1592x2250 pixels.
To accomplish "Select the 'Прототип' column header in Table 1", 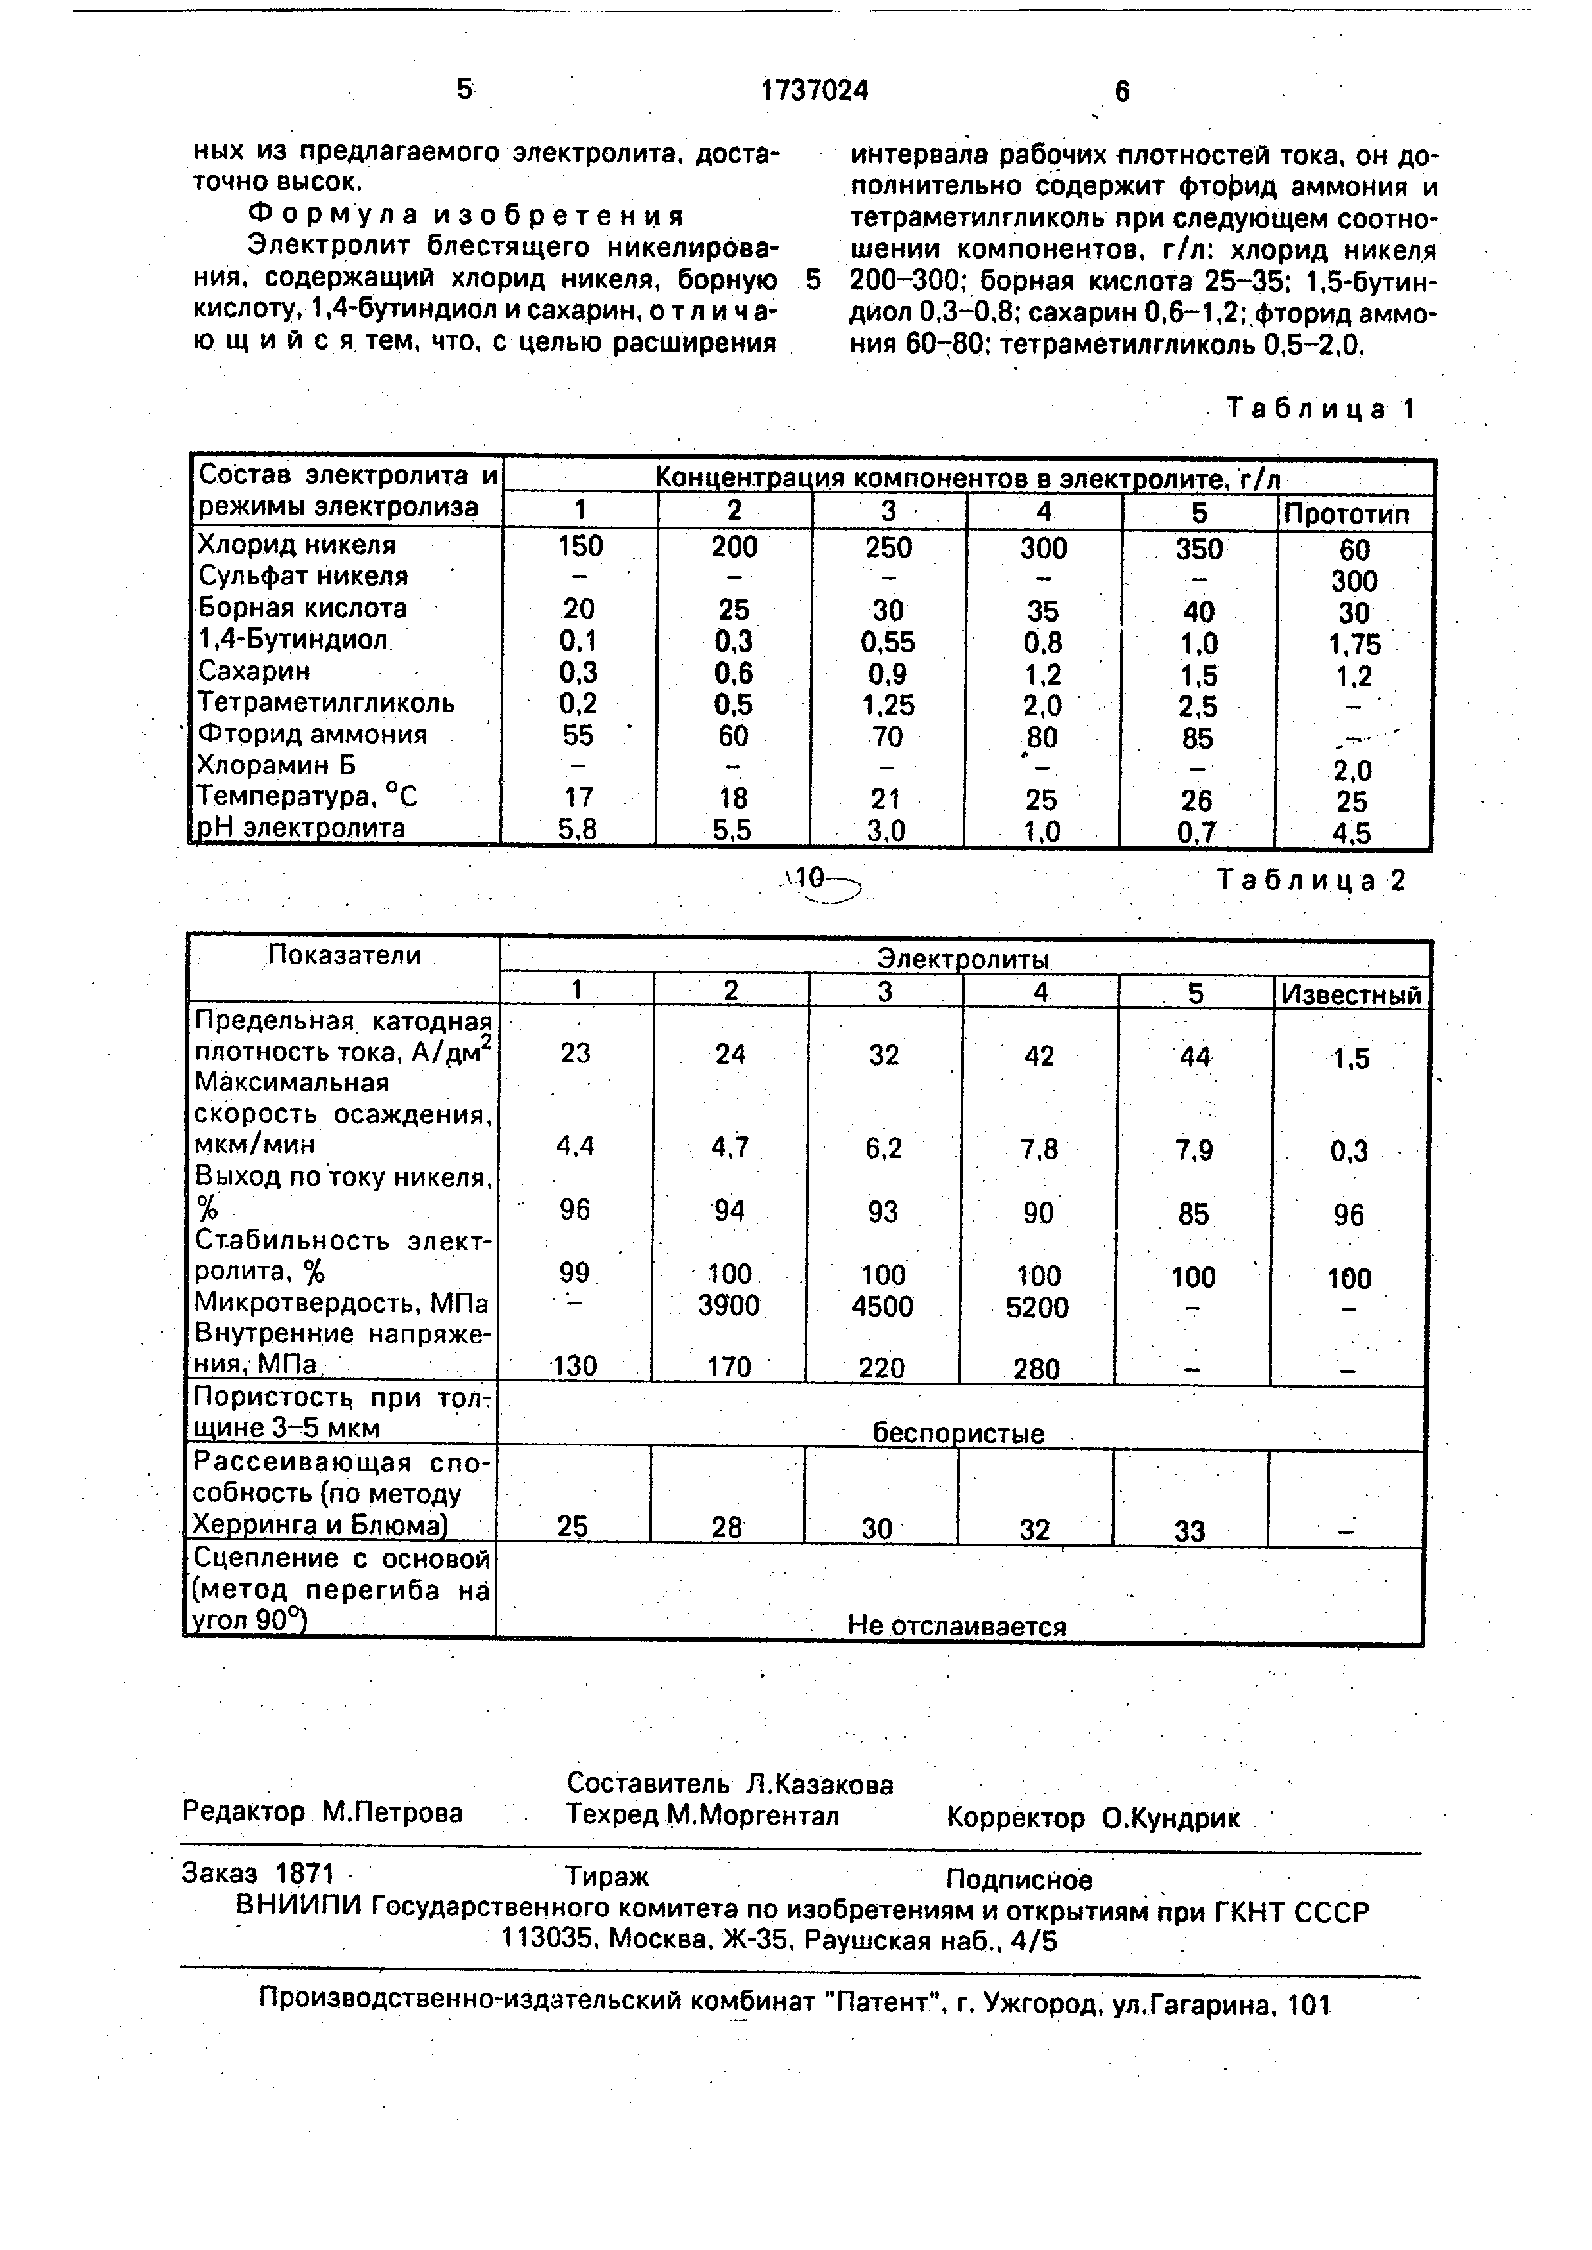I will (1354, 513).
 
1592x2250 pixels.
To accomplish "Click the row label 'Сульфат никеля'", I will (303, 576).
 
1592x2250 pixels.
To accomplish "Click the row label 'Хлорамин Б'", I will (277, 765).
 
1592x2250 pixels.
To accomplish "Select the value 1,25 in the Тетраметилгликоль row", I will (888, 704).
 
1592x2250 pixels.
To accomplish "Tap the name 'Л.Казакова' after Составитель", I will (820, 1784).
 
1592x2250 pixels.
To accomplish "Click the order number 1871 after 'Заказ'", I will (305, 1873).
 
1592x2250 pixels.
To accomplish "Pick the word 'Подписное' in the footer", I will (1019, 1880).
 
